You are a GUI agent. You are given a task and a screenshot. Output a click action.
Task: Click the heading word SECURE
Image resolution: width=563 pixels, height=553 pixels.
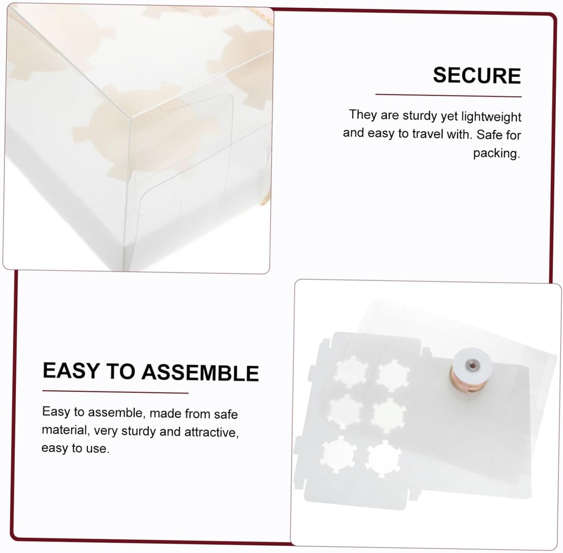coord(477,76)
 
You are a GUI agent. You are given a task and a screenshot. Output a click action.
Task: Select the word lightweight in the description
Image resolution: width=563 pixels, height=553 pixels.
coord(491,117)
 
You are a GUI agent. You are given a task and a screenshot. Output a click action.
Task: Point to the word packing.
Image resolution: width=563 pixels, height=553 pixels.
coord(496,153)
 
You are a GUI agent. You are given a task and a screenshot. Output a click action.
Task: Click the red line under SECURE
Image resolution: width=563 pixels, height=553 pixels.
coord(448,96)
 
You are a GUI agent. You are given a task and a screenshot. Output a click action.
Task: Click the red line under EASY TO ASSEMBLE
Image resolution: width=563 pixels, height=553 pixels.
coord(115,392)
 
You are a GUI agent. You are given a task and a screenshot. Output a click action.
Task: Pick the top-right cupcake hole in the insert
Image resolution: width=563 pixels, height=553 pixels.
coord(393,375)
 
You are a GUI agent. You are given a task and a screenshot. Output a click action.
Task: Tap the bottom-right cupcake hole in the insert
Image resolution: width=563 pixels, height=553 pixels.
coord(383,458)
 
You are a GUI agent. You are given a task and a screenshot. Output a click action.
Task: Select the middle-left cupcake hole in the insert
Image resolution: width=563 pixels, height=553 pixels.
coord(345,411)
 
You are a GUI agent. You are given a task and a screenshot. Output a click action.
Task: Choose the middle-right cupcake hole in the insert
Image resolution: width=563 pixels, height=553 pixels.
coord(388,415)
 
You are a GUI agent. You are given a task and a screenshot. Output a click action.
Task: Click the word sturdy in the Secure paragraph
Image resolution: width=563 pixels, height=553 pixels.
coord(421,116)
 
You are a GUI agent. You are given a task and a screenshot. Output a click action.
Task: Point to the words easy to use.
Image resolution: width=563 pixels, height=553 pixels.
coord(75,449)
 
